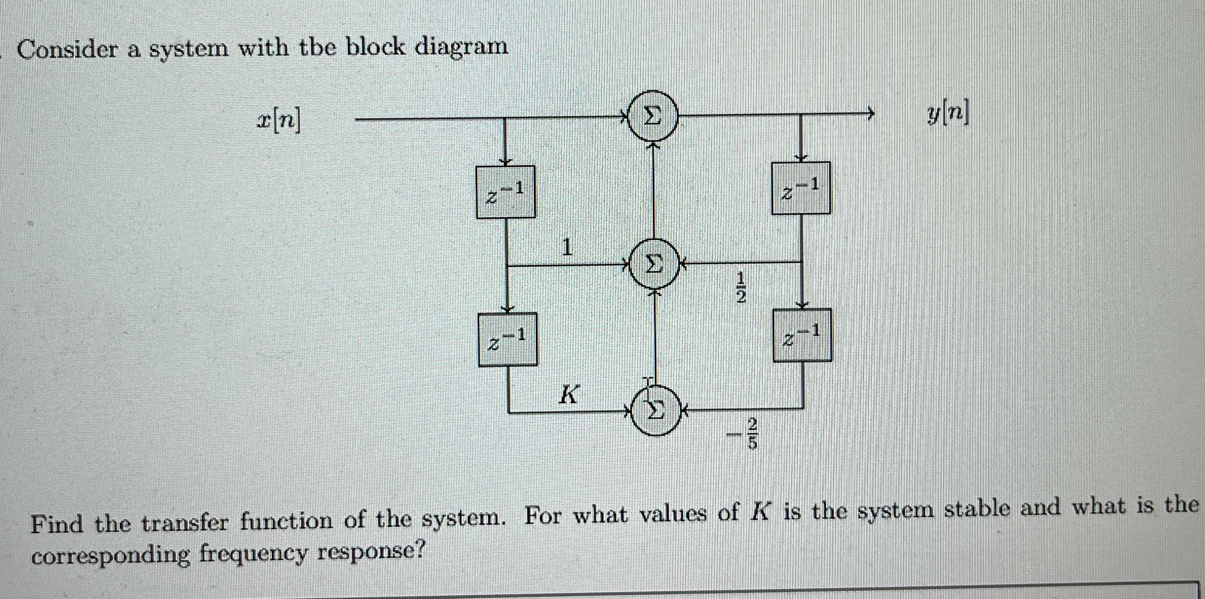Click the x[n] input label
tap(279, 120)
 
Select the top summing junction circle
tap(653, 116)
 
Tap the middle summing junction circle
tap(654, 265)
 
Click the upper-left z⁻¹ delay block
tap(506, 192)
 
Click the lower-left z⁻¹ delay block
tap(508, 339)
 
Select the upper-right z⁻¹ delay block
tap(801, 188)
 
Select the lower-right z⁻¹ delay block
tap(802, 335)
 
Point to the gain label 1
tap(567, 247)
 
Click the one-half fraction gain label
tap(740, 288)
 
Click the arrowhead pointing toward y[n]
tap(870, 114)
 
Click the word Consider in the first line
tap(67, 50)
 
